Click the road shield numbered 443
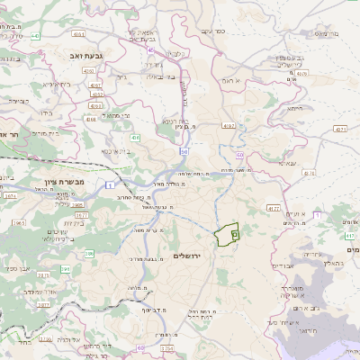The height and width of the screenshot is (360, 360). pos(36,36)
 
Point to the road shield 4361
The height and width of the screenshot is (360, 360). pos(79,34)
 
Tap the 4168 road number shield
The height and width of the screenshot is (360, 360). pos(90,118)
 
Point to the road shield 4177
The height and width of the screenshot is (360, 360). pos(274,208)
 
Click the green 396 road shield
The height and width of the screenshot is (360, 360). pos(89,255)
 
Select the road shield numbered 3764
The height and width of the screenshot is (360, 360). pos(166,346)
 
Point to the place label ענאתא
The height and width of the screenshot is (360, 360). pos(288,163)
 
